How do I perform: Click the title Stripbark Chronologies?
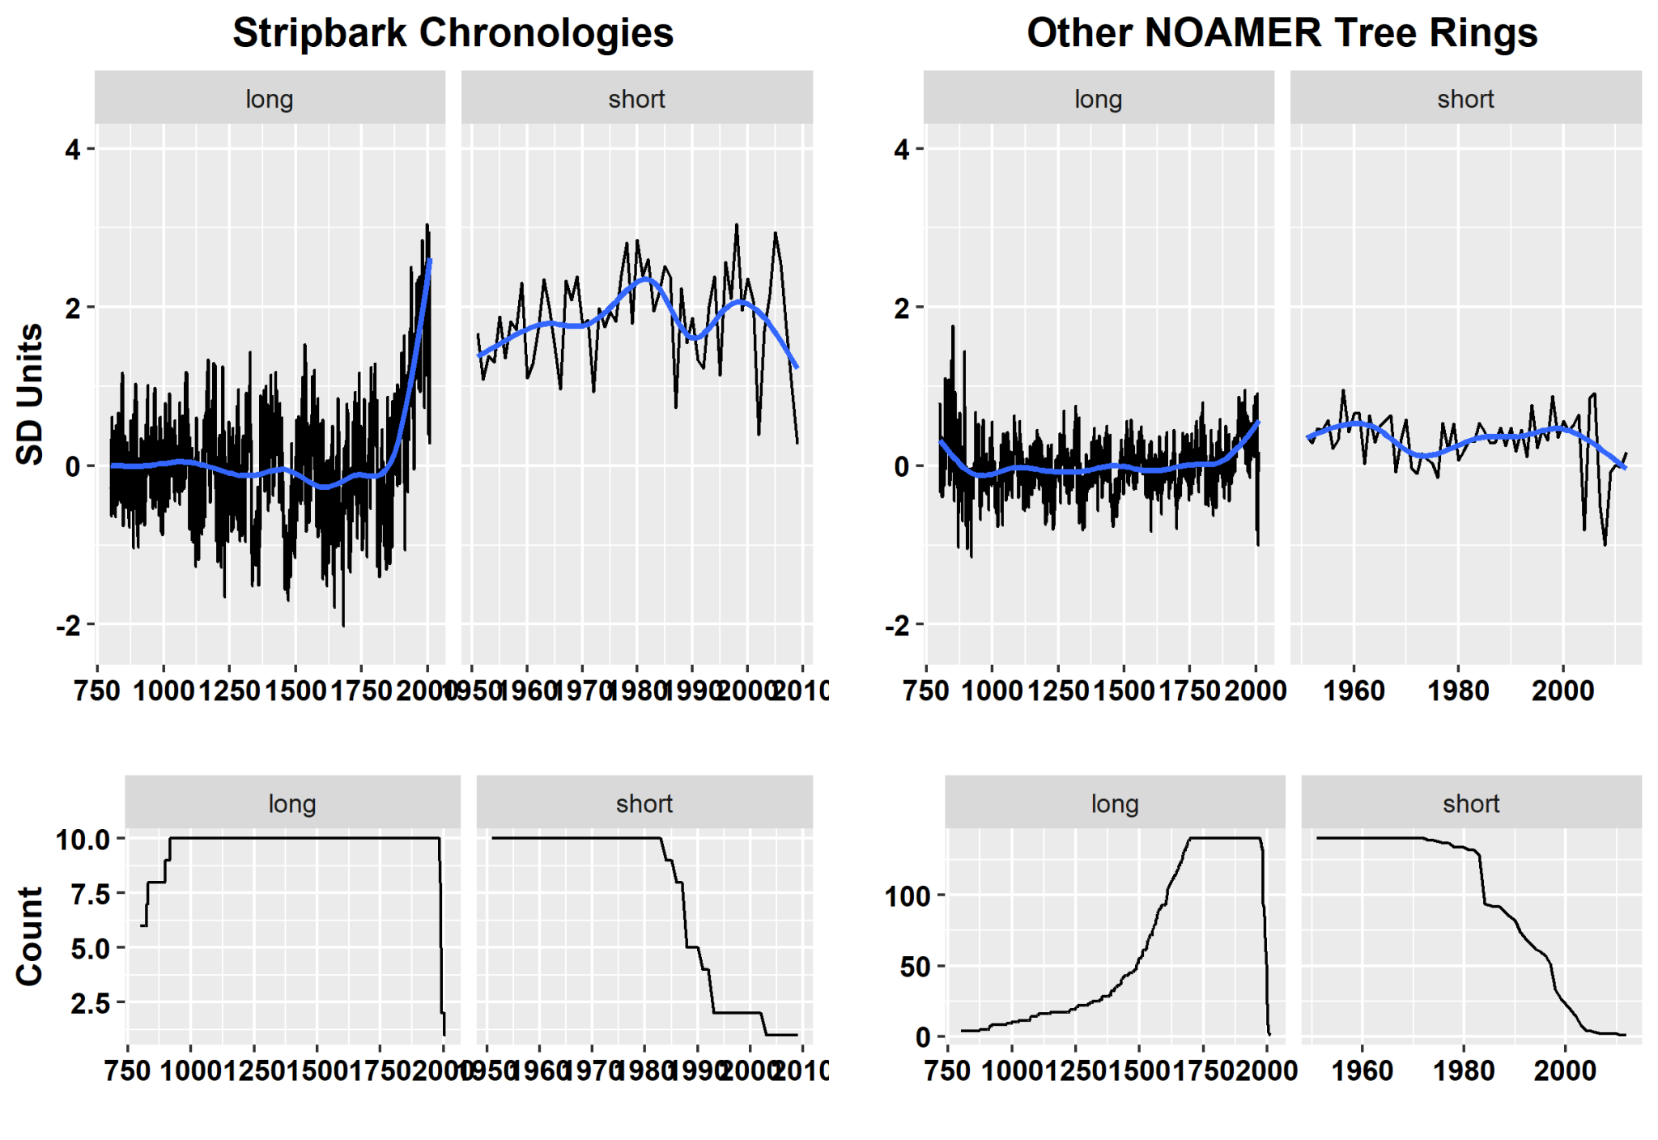click(453, 33)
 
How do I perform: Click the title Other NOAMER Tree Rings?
click(1282, 33)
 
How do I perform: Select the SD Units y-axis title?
click(30, 394)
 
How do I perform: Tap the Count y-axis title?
click(30, 936)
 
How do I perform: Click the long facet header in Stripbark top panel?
click(270, 99)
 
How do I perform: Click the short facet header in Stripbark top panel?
click(636, 99)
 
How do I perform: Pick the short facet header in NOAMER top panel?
click(1465, 99)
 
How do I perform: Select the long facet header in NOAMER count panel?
click(1115, 803)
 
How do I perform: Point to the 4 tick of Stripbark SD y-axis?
click(74, 150)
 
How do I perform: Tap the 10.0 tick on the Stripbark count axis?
click(83, 840)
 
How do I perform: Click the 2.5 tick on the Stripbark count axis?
click(89, 1003)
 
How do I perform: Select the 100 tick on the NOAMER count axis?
click(908, 896)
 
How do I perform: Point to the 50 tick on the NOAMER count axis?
click(915, 967)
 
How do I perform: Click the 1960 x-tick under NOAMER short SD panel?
click(1354, 691)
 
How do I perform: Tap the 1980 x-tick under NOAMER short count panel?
click(1464, 1070)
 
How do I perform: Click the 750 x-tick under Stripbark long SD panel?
click(97, 691)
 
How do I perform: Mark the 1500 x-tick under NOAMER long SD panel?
click(1124, 691)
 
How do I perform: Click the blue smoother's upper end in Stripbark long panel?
click(430, 261)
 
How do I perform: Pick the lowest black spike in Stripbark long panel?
click(343, 625)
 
